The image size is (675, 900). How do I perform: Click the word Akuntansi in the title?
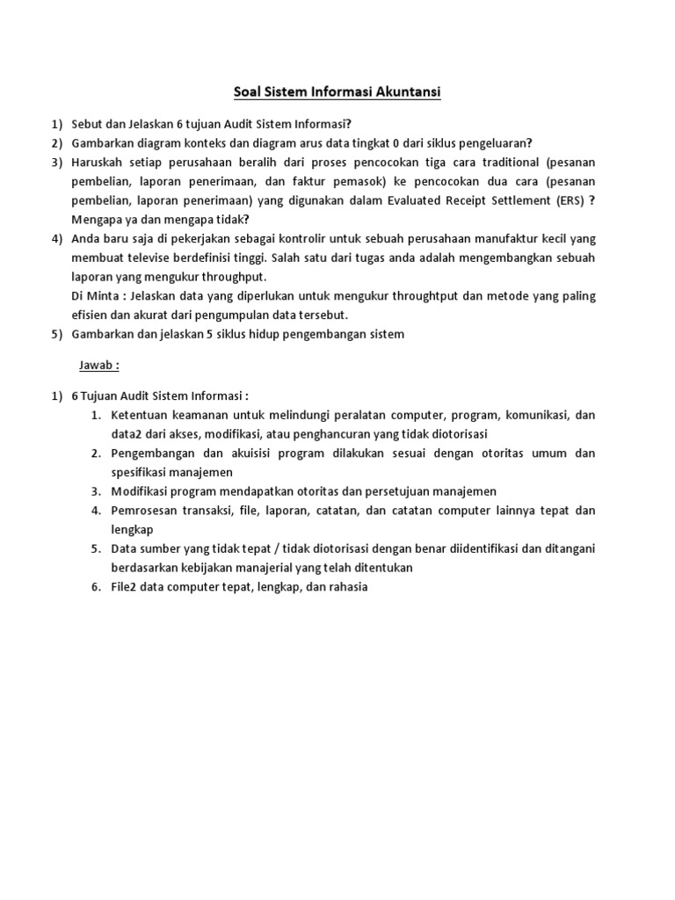[x=401, y=91]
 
